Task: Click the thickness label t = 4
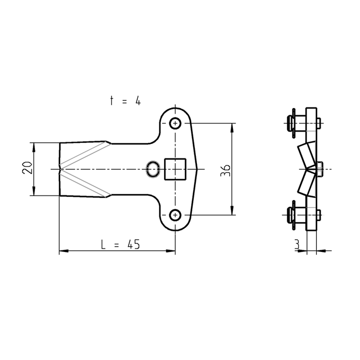[125, 101]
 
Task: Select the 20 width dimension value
[27, 168]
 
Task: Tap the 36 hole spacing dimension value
[225, 170]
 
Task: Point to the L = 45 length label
[120, 244]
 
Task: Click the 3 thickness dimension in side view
[297, 244]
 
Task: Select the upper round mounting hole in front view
[175, 123]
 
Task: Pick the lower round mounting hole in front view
[175, 215]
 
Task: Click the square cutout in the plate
[175, 169]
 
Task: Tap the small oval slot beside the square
[153, 169]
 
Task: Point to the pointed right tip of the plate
[197, 169]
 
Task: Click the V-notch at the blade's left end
[60, 169]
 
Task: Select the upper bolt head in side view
[291, 123]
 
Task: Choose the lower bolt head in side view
[291, 215]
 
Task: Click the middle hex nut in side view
[319, 169]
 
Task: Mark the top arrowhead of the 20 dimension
[34, 147]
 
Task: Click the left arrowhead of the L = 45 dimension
[64, 251]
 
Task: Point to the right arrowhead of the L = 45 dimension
[171, 251]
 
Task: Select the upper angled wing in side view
[307, 155]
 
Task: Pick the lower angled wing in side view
[307, 184]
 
